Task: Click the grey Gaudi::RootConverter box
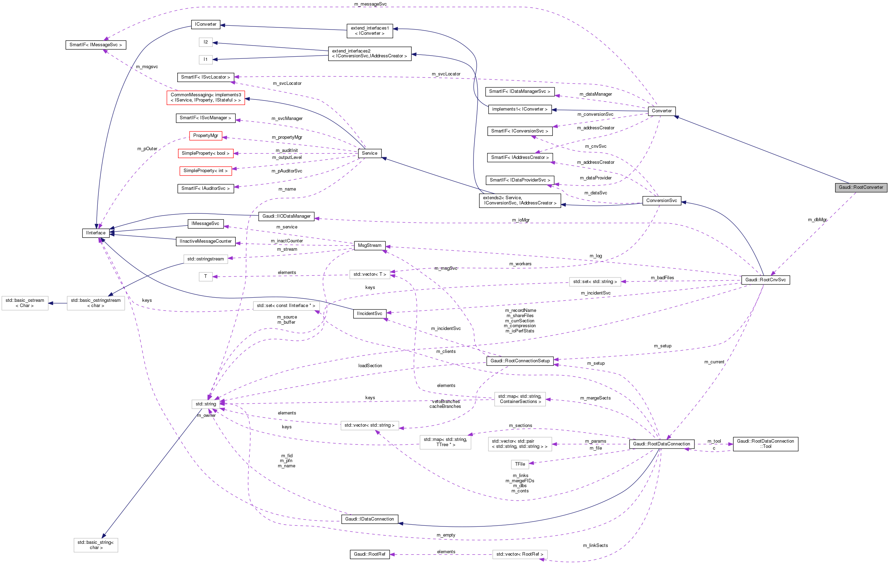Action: (860, 188)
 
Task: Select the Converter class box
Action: (662, 111)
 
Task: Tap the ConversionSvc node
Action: (662, 201)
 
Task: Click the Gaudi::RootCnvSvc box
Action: (765, 280)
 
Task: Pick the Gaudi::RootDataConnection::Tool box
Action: (765, 444)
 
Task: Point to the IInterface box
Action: (96, 233)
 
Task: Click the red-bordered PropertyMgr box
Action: (205, 136)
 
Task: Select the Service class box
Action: (370, 153)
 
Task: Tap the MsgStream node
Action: (370, 245)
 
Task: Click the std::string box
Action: (205, 404)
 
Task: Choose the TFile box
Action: (520, 464)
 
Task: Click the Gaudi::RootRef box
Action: (370, 554)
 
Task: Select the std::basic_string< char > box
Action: (96, 545)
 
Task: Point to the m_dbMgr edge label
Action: (817, 220)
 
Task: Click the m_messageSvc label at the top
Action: (370, 4)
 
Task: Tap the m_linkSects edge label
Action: (595, 546)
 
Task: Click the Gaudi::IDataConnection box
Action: (370, 519)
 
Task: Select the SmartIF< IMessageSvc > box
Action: (96, 45)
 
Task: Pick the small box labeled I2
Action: (205, 42)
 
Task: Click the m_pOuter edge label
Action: (147, 149)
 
